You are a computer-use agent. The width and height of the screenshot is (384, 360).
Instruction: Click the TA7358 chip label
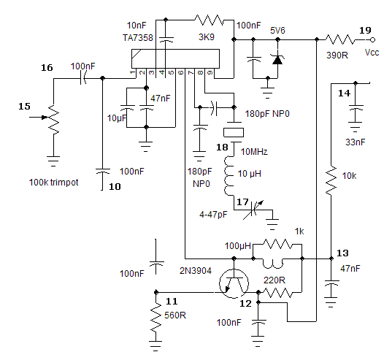[138, 38]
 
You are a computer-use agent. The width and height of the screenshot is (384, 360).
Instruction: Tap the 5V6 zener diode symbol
[277, 60]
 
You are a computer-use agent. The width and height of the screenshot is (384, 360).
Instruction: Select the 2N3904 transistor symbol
[234, 284]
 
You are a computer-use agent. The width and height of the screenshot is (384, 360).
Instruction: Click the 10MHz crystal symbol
[234, 132]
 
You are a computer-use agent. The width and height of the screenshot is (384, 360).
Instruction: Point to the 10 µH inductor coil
[229, 176]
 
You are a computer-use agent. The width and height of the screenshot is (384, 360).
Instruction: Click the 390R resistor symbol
[339, 39]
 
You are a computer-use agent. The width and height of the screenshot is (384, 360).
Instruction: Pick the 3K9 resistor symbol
[209, 20]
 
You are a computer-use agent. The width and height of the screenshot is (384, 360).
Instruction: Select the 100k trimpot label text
[53, 183]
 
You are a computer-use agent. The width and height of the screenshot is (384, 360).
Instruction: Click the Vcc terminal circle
[372, 39]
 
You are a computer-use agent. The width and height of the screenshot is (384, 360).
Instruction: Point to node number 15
[25, 107]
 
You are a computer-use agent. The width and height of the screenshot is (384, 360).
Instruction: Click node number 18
[222, 148]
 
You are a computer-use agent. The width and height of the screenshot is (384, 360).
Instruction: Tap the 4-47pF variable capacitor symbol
[253, 210]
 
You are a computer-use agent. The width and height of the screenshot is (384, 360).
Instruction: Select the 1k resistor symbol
[277, 244]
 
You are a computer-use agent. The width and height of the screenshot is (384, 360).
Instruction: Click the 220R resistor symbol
[277, 292]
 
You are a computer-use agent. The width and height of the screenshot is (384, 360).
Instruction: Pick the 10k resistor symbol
[331, 180]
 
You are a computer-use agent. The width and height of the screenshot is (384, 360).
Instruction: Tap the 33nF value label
[355, 142]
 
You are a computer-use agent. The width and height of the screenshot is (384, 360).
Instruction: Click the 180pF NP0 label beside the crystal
[267, 114]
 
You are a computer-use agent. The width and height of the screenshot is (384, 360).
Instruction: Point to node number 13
[342, 253]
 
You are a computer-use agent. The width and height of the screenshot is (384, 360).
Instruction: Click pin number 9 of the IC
[210, 72]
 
